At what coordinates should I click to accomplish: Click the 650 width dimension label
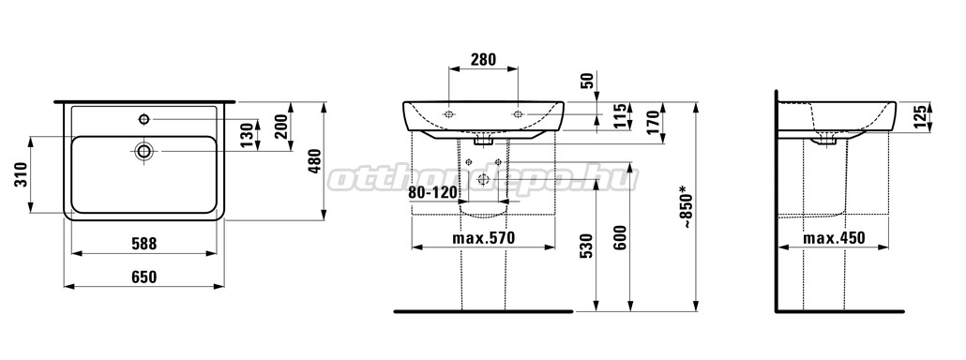[143, 277]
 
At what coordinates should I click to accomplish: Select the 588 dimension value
[143, 245]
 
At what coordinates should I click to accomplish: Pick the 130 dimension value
[247, 135]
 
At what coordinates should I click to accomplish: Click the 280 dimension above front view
[484, 60]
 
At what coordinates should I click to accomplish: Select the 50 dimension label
[588, 81]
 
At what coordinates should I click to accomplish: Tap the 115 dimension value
[620, 115]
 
